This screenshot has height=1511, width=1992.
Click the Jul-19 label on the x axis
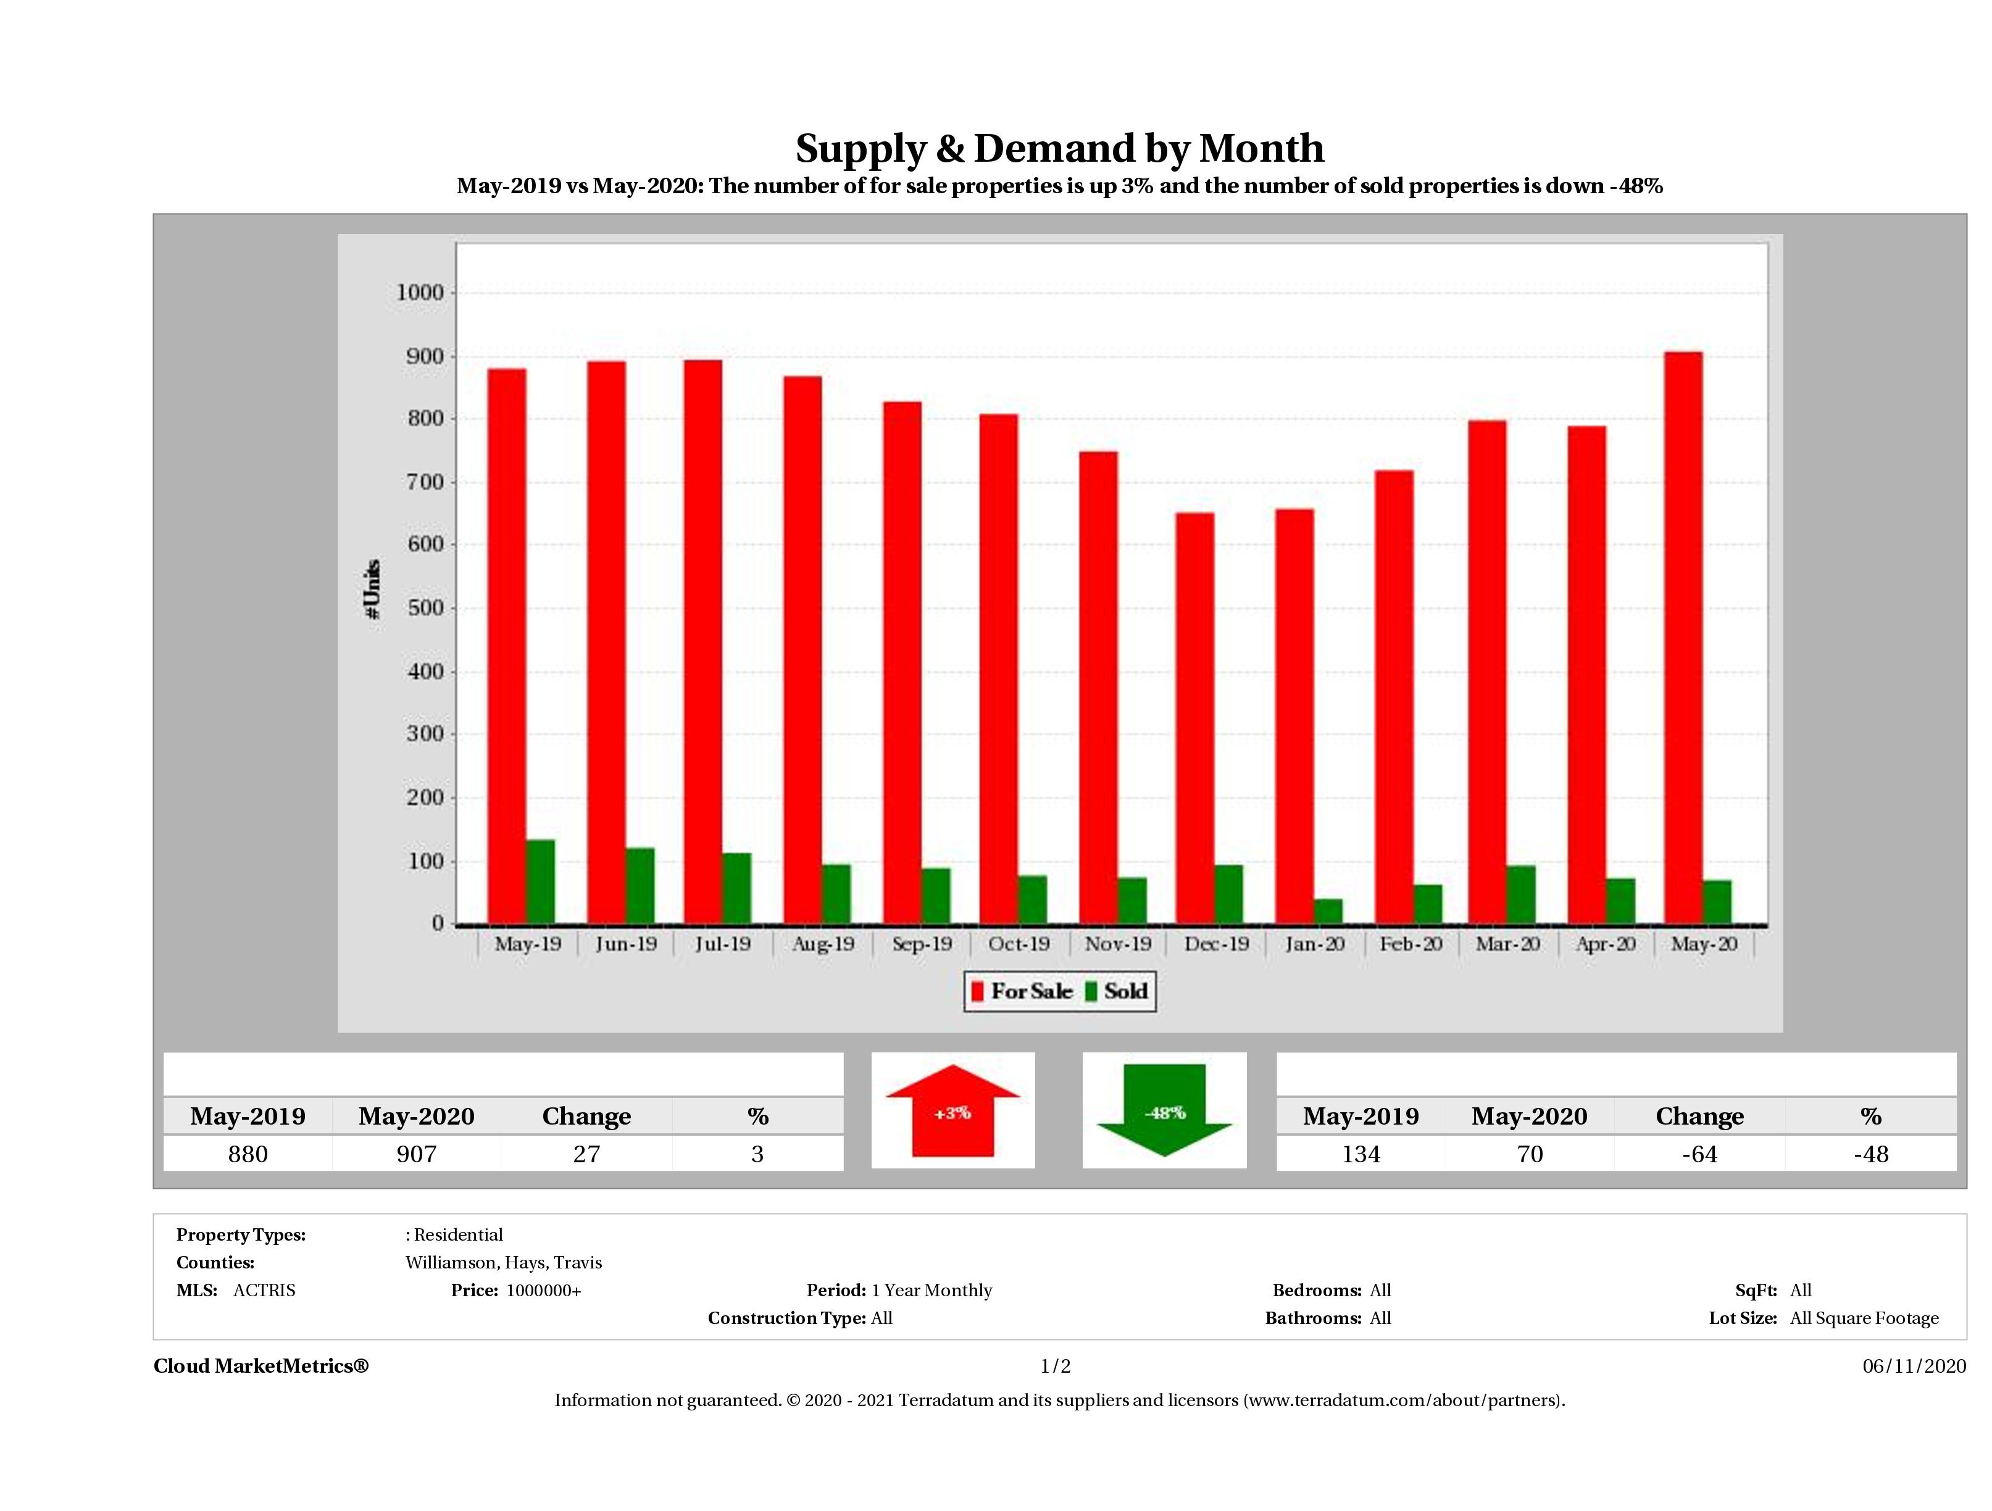tap(722, 944)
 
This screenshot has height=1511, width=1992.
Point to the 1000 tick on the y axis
tap(420, 293)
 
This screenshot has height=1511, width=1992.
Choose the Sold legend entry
tap(1117, 991)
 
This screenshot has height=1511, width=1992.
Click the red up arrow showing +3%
tap(952, 1111)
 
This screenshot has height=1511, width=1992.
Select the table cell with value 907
tap(416, 1154)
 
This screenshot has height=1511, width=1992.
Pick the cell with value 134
tap(1360, 1154)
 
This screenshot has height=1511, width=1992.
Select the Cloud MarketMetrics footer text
tap(261, 1366)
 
